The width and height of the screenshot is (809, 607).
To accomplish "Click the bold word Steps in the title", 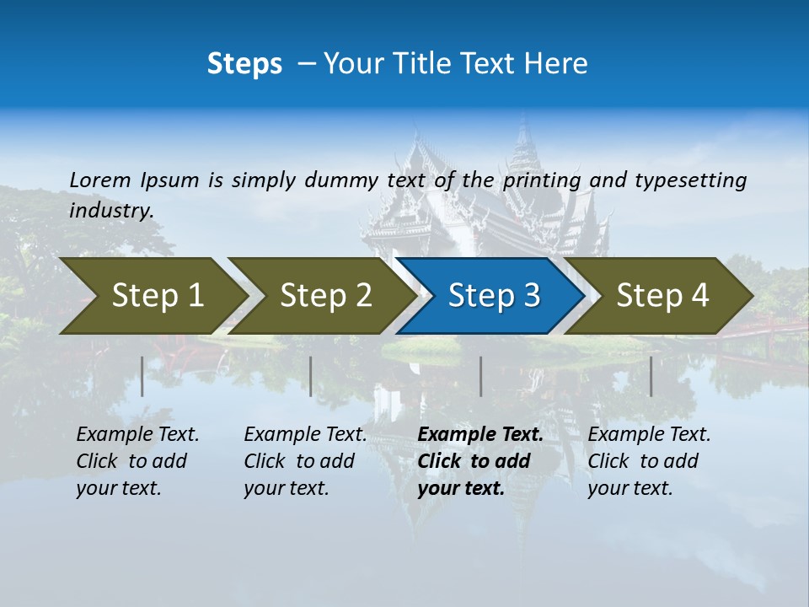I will click(x=244, y=64).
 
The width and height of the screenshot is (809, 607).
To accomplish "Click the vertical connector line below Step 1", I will click(x=142, y=376).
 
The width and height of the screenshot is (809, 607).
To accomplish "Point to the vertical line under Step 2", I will click(x=311, y=376).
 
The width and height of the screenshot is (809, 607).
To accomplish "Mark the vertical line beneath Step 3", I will click(x=480, y=376).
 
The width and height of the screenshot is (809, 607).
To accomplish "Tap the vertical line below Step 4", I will click(x=651, y=376).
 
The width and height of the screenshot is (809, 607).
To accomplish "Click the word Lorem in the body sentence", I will click(x=100, y=180).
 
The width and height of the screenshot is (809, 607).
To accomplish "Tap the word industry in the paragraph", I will click(x=110, y=210).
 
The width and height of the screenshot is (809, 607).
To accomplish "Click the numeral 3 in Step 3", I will click(x=531, y=296).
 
